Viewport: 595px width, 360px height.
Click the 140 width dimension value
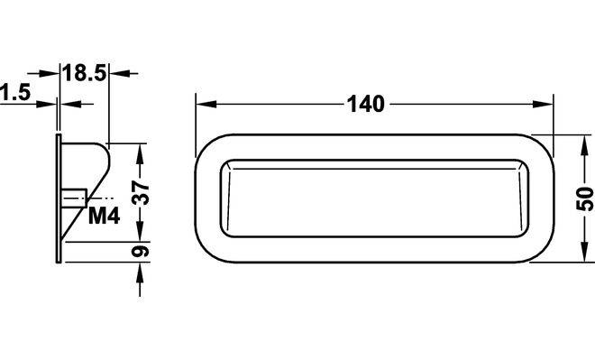(x=366, y=104)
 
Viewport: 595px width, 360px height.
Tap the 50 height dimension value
(x=585, y=199)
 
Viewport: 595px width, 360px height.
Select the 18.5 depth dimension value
(x=84, y=73)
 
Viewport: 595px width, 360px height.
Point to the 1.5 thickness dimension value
(x=15, y=92)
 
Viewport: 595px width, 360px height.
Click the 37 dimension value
(x=141, y=192)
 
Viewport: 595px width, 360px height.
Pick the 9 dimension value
(x=141, y=252)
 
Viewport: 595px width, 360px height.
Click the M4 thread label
(x=104, y=217)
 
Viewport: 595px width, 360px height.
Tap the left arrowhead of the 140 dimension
(x=206, y=104)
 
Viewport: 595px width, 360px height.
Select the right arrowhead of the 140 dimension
(x=543, y=104)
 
